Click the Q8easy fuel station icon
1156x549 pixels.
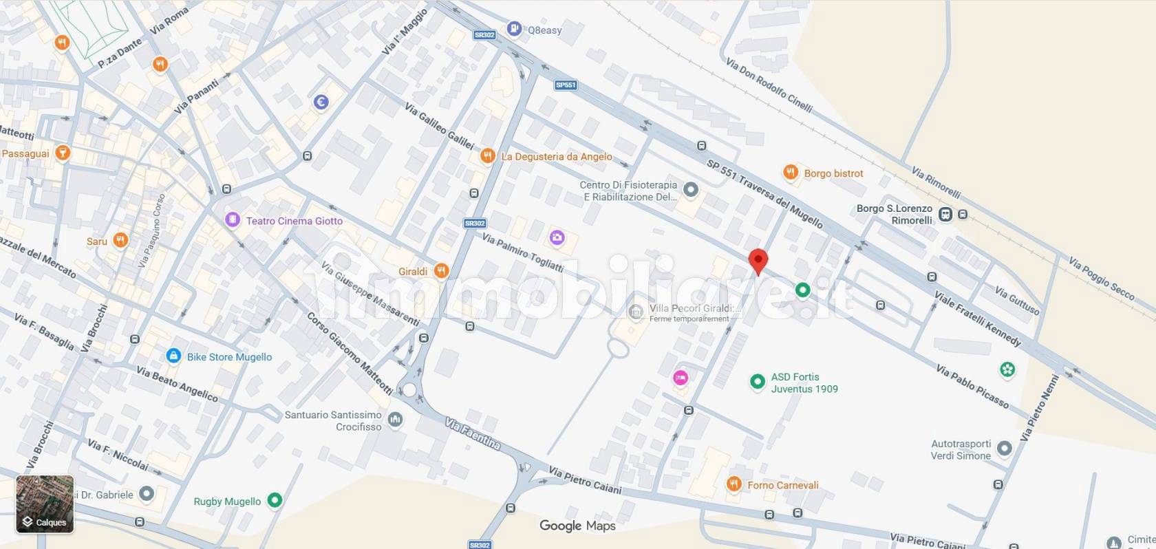point(514,28)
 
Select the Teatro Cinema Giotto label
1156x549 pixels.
point(294,221)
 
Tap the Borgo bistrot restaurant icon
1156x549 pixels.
point(791,172)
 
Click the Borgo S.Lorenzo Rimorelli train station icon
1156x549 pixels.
point(946,214)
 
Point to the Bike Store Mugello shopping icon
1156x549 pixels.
point(173,356)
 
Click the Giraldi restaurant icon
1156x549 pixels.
point(442,271)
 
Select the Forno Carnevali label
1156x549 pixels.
point(783,485)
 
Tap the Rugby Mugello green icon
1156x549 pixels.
point(275,500)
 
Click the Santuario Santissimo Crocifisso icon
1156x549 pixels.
point(395,420)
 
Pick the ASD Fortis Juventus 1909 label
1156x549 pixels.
point(804,383)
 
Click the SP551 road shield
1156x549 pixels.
point(566,85)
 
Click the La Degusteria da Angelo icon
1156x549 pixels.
point(487,156)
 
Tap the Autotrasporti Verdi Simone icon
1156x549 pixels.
point(1004,449)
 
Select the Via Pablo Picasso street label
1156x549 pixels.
point(972,386)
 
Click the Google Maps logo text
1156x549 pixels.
point(577,526)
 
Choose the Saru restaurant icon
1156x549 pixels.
point(120,240)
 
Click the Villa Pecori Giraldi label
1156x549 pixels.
point(695,308)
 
